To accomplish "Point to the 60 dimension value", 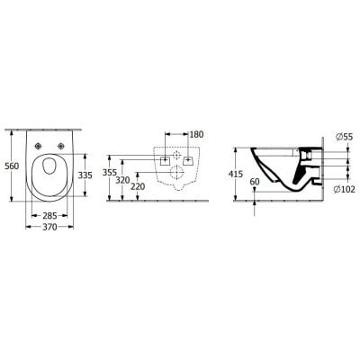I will click(255, 182).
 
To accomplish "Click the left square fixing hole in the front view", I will click(163, 158).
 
